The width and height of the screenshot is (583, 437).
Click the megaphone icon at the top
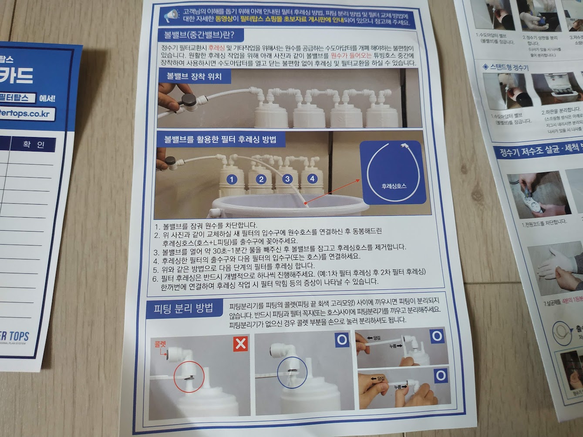tap(171, 16)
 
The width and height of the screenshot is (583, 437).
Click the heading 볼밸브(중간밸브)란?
tap(199, 34)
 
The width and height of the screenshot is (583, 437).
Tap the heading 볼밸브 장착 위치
tap(194, 77)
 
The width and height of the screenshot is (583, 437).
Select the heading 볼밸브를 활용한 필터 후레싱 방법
tap(220, 140)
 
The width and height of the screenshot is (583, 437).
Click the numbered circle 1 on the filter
tap(232, 179)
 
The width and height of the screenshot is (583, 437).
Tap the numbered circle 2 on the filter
tap(261, 179)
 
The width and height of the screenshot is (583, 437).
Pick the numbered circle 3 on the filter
tap(287, 178)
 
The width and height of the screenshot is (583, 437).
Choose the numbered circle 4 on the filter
tap(312, 178)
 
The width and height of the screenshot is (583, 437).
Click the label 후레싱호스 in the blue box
tap(394, 186)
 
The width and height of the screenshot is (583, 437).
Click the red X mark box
tap(240, 344)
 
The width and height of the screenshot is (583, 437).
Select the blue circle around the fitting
tap(292, 373)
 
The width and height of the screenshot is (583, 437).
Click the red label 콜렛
tap(160, 344)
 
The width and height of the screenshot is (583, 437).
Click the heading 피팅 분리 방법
tap(183, 309)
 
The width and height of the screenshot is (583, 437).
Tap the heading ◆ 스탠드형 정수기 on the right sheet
tap(505, 67)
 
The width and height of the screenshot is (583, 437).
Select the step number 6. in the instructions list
tap(155, 278)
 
